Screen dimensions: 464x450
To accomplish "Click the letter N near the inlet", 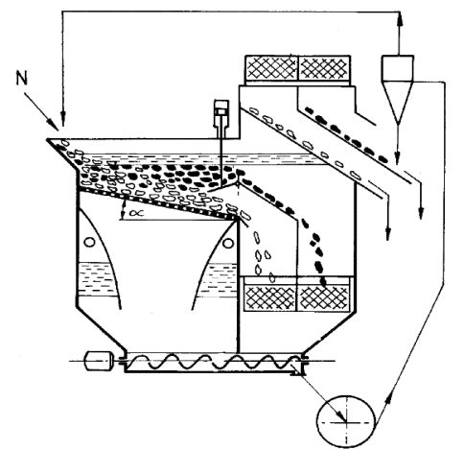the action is [21, 79].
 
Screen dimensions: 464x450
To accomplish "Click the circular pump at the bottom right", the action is [346, 421].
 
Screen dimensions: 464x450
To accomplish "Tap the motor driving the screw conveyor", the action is [99, 361].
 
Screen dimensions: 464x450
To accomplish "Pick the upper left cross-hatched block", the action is [271, 68].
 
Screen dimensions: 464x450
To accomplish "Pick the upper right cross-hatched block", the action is [324, 68].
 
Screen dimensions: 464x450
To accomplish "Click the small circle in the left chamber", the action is [89, 242].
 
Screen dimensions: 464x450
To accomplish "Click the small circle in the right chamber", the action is [228, 243].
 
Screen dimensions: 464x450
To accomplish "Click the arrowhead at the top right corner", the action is [399, 19].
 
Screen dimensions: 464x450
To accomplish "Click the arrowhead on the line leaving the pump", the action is [390, 400].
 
